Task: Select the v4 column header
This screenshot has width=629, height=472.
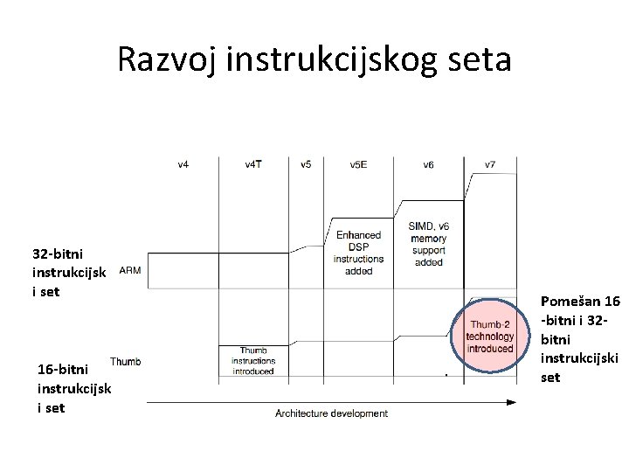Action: (183, 164)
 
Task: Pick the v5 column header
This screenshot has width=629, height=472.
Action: (306, 164)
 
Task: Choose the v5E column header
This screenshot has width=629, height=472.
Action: (358, 164)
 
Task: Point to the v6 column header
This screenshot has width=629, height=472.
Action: (428, 164)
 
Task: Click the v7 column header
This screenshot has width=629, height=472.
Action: (489, 164)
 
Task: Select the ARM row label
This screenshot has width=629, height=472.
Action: (128, 270)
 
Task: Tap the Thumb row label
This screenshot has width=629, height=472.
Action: (125, 361)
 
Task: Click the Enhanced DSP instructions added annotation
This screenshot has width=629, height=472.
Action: (358, 253)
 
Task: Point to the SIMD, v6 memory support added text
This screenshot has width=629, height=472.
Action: (428, 244)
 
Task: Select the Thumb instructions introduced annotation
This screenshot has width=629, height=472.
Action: (253, 360)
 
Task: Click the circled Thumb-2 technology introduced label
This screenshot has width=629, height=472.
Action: (489, 337)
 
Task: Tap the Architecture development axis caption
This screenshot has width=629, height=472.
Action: (332, 413)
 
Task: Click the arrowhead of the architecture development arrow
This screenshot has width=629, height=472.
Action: (512, 402)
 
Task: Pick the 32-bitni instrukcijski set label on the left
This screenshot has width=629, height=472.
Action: (69, 272)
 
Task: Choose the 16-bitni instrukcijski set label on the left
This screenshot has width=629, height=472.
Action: (74, 388)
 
